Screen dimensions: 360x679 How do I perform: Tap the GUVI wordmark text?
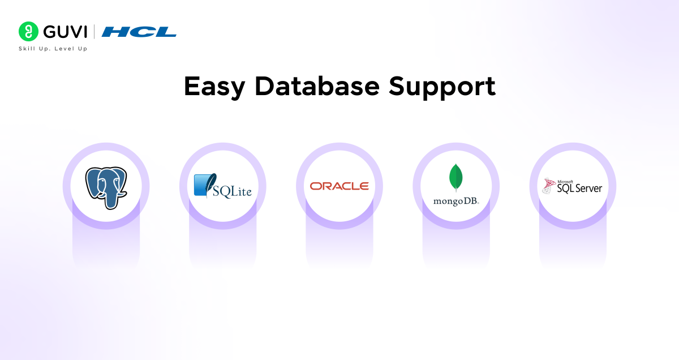tap(64, 31)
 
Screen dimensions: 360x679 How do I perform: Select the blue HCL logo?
tap(139, 32)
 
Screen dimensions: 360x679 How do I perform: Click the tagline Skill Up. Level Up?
tap(53, 49)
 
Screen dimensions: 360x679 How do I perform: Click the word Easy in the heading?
tap(214, 87)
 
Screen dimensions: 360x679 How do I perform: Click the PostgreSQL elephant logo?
tap(106, 186)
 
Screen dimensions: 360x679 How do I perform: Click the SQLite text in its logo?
tap(232, 191)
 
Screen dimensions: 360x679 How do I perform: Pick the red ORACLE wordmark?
tap(339, 186)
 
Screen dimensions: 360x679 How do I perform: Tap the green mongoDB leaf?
tap(455, 178)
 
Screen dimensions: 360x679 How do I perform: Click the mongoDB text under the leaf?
tap(455, 201)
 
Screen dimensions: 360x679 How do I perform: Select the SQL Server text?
tap(579, 188)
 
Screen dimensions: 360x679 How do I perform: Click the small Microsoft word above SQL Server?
tap(565, 181)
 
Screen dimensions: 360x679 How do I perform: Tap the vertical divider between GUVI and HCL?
tap(93, 31)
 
